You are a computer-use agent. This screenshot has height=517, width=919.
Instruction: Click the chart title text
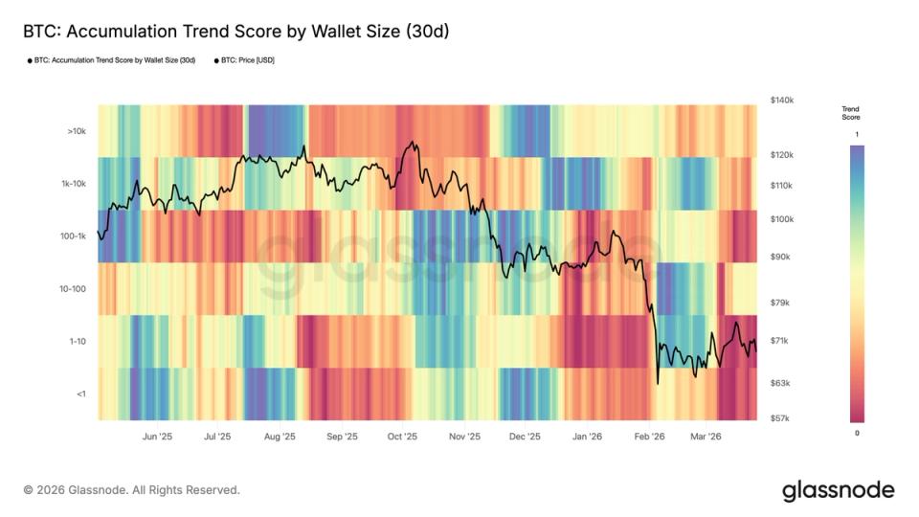(235, 32)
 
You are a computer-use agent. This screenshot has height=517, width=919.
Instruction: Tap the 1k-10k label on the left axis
(73, 183)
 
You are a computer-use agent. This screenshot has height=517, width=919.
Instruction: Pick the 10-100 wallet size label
(73, 288)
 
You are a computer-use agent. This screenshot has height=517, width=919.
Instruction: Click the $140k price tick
(782, 101)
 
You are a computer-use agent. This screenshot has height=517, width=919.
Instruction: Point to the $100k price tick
(782, 219)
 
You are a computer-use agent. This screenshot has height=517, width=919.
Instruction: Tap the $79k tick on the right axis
(780, 303)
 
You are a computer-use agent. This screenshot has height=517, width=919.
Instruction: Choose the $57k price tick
(780, 418)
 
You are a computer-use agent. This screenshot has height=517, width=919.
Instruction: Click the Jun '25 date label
(157, 437)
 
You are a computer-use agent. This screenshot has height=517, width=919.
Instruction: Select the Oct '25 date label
(403, 437)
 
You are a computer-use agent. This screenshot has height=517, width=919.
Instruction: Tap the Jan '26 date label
(587, 437)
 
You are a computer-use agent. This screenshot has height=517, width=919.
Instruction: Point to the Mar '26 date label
(706, 437)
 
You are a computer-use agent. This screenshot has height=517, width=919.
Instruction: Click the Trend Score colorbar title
(850, 113)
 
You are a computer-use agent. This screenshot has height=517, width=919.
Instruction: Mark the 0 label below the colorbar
(857, 433)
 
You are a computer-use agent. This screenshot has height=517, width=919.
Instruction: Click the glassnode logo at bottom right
(838, 490)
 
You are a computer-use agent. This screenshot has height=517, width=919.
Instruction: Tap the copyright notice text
(131, 490)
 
